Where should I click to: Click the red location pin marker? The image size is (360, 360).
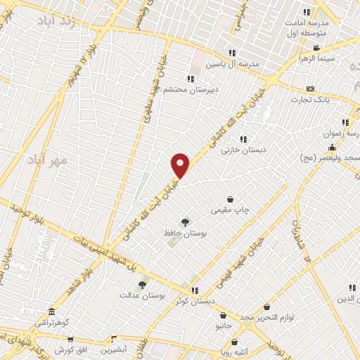pyautogui.click(x=181, y=166)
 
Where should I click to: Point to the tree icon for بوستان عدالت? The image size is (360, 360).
pyautogui.click(x=142, y=285)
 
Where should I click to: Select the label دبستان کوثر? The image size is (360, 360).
pyautogui.click(x=197, y=301)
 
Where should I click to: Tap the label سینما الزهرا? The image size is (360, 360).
pyautogui.click(x=318, y=59)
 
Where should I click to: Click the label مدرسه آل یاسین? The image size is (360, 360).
pyautogui.click(x=233, y=63)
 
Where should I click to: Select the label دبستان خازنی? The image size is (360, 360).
pyautogui.click(x=243, y=150)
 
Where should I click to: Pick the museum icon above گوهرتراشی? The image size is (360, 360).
pyautogui.click(x=51, y=311)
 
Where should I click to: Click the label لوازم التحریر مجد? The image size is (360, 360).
pyautogui.click(x=266, y=318)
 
